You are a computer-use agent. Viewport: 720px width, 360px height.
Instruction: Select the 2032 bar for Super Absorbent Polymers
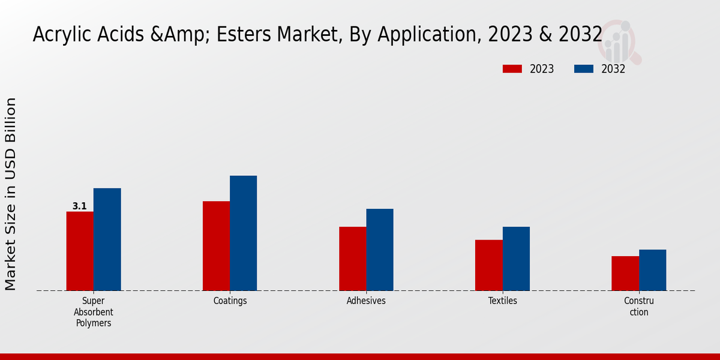coord(107,239)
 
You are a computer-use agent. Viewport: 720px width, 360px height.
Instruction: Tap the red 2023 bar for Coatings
coord(216,246)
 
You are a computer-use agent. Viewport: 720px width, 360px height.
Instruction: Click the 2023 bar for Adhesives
coord(352,259)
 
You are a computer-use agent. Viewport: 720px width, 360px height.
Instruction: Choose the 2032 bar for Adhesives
coord(380,250)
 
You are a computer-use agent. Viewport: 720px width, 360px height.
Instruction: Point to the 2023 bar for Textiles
coord(488,265)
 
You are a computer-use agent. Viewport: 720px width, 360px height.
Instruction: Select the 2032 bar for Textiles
coord(516,259)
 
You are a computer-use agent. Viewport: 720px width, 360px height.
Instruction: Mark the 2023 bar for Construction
coord(625,273)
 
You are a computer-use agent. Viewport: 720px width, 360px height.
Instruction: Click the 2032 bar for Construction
coord(652,270)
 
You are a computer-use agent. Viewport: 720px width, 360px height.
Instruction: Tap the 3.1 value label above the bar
coord(79,206)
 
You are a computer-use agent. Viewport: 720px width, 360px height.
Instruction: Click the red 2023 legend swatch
coord(512,69)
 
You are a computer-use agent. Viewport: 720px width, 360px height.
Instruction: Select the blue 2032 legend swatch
coord(583,69)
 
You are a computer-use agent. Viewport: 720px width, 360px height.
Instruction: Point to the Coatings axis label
coord(230,301)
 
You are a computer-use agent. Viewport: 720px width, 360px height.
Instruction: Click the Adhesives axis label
coord(366,301)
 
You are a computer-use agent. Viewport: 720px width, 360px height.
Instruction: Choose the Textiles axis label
coord(502,301)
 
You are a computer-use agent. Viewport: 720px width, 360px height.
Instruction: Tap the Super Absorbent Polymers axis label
coord(94,312)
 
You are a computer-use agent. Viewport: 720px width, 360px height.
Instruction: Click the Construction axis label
coord(639,306)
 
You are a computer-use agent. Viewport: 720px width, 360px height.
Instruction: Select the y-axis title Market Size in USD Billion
coord(11,194)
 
